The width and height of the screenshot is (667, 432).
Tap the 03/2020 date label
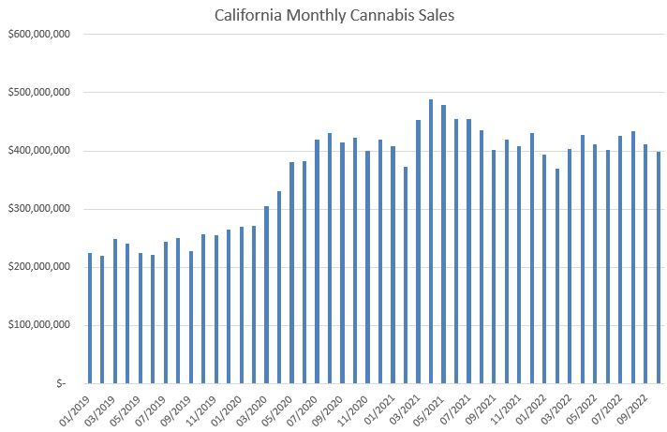click(x=254, y=404)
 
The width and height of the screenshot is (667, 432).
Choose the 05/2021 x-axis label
click(x=431, y=404)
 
